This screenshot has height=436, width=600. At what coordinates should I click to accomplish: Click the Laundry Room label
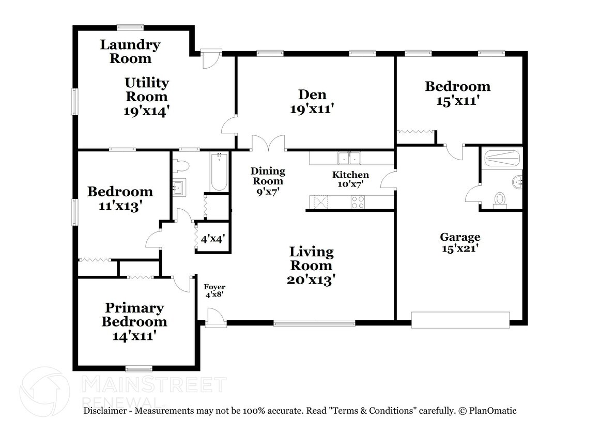tap(130, 52)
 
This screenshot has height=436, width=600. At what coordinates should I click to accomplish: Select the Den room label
tap(312, 95)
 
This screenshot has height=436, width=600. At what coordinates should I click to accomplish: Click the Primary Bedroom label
tap(134, 315)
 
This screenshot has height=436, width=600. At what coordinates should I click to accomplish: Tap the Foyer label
tap(214, 287)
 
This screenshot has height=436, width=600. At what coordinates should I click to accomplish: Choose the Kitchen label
tap(350, 175)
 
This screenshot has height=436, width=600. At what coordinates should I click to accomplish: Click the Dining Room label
tap(268, 176)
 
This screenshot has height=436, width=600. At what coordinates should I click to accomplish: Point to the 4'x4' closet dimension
tap(213, 239)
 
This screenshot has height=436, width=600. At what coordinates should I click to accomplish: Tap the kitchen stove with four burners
tap(358, 202)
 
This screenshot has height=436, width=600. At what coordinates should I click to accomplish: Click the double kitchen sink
tap(350, 158)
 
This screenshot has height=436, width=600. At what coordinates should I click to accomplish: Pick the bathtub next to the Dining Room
tap(219, 172)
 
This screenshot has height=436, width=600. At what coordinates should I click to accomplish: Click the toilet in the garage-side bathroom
tap(500, 199)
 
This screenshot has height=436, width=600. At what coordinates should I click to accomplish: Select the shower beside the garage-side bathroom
tap(501, 158)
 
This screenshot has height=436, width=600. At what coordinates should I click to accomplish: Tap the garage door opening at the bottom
tap(460, 320)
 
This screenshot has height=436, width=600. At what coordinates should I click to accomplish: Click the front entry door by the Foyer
tap(216, 318)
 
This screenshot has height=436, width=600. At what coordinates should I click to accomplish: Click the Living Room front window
tap(314, 323)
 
